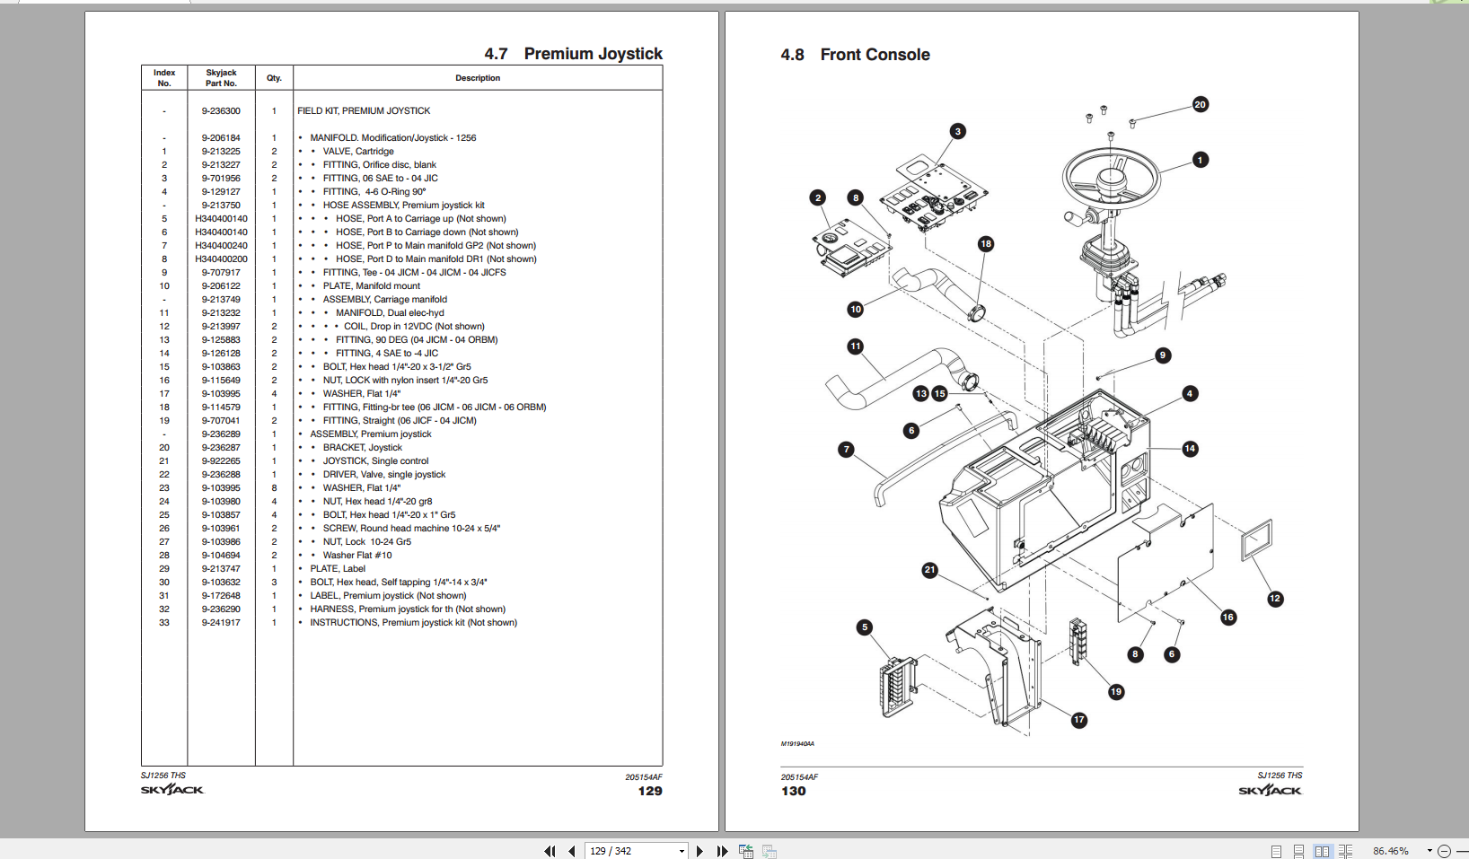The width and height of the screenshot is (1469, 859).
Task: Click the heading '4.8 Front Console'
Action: [855, 55]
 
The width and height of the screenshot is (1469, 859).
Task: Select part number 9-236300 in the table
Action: [221, 111]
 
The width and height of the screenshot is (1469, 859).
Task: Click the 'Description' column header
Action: [478, 78]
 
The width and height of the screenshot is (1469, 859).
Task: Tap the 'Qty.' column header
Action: [274, 78]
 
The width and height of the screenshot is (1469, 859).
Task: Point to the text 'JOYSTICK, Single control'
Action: [375, 461]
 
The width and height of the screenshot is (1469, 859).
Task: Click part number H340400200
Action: [221, 259]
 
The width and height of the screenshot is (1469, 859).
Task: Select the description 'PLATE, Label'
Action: [338, 569]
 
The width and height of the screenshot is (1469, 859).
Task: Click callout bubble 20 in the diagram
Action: [1200, 105]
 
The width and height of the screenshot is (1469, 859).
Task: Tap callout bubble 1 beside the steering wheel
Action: [1200, 160]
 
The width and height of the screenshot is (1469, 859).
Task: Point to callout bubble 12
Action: [1274, 599]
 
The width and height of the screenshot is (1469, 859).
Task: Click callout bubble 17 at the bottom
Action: [1078, 720]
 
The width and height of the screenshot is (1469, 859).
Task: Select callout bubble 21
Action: [929, 570]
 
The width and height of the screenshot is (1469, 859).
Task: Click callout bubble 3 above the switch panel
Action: [957, 131]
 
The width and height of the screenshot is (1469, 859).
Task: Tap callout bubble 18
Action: [985, 244]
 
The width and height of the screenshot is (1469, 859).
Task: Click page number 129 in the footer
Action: [650, 791]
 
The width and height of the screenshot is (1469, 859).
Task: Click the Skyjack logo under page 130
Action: [1270, 790]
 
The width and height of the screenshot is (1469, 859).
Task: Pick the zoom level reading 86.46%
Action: [1390, 851]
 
